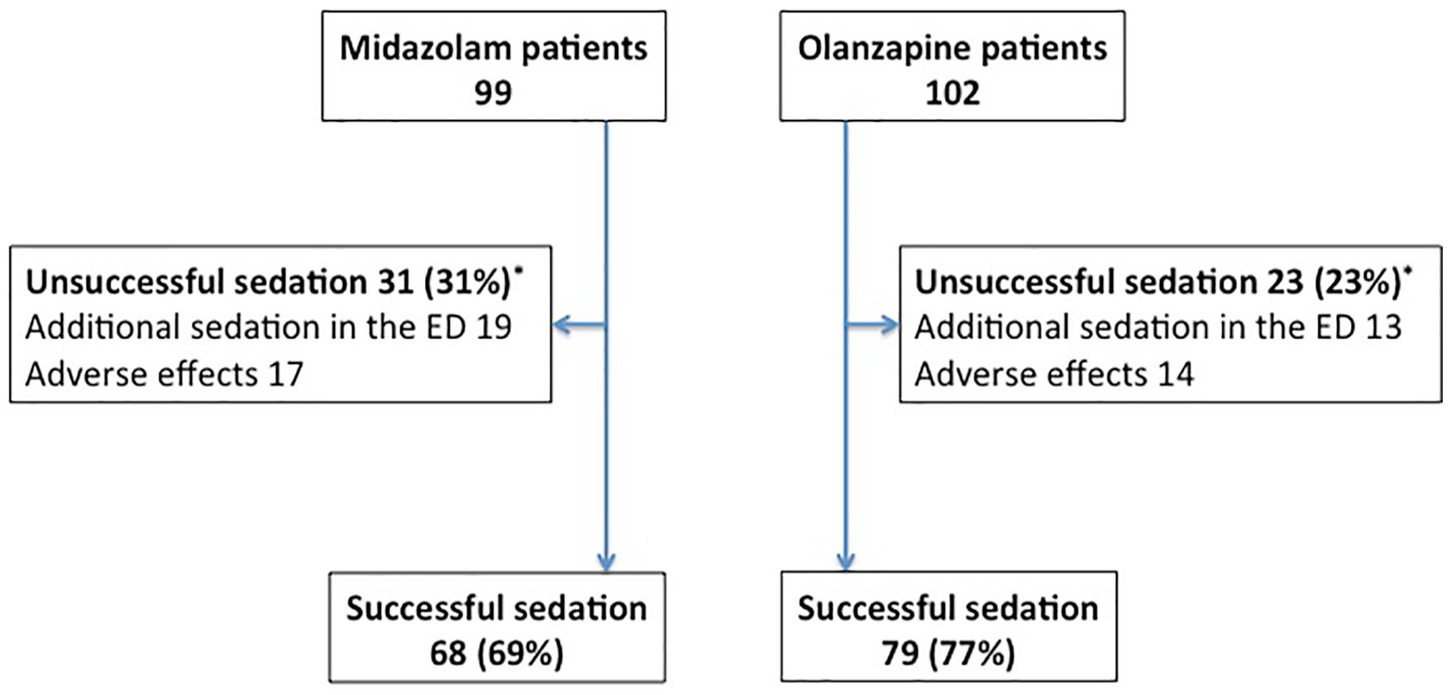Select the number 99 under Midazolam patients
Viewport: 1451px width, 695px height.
pyautogui.click(x=493, y=92)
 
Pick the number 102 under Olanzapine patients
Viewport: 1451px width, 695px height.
pyautogui.click(x=952, y=92)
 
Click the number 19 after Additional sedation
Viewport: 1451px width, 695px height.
pyautogui.click(x=494, y=328)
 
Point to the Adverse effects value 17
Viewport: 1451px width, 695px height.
pyautogui.click(x=285, y=374)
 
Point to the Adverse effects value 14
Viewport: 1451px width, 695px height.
pyautogui.click(x=1175, y=374)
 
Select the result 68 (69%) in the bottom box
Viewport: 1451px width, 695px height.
pyautogui.click(x=497, y=654)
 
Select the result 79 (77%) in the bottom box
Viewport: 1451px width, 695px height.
pyautogui.click(x=948, y=654)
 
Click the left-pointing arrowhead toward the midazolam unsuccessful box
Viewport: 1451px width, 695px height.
pyautogui.click(x=562, y=325)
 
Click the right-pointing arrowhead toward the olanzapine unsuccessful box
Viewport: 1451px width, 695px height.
pyautogui.click(x=889, y=325)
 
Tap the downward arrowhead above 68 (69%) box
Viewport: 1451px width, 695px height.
pyautogui.click(x=606, y=561)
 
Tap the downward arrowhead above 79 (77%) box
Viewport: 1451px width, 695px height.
pyautogui.click(x=845, y=561)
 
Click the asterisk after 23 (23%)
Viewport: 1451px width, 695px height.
pyautogui.click(x=1408, y=270)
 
